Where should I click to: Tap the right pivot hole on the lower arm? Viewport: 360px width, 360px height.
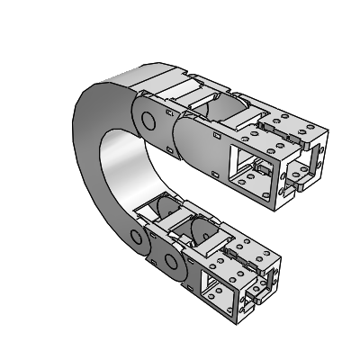click(169, 264)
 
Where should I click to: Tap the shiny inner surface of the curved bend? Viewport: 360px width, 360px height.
click(126, 171)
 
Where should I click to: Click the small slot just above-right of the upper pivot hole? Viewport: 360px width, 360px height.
click(168, 112)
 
